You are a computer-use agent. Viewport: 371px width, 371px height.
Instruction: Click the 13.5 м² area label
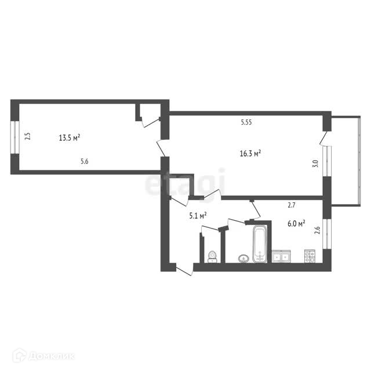tap(70, 137)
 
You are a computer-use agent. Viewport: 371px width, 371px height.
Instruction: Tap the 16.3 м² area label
tap(250, 154)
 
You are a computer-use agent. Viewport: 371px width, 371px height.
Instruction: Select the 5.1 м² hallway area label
tap(198, 216)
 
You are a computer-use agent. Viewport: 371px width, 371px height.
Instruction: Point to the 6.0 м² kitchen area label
tap(296, 223)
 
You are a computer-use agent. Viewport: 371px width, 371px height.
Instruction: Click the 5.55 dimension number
tap(246, 122)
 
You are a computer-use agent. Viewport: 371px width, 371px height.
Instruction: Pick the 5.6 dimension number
tap(85, 161)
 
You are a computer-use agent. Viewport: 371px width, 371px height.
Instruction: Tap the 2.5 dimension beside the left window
tap(28, 137)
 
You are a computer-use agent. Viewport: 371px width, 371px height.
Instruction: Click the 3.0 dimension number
tap(315, 163)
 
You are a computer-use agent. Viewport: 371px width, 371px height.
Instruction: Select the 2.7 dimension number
tap(292, 205)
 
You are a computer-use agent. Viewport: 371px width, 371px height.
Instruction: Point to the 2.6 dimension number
tap(318, 230)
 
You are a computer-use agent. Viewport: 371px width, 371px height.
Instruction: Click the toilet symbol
tap(212, 257)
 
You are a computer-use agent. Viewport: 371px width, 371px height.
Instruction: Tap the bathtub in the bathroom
tap(260, 244)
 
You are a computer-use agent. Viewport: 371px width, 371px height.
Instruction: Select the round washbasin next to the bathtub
tap(243, 259)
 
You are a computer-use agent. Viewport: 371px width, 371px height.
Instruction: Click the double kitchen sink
tap(281, 256)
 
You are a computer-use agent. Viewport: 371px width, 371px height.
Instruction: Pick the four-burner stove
tap(310, 256)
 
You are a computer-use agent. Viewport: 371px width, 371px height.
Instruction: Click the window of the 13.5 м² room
tap(14, 137)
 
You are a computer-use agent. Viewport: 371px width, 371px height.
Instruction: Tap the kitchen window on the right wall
tap(327, 234)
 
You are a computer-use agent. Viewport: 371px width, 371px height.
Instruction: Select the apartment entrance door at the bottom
tap(184, 271)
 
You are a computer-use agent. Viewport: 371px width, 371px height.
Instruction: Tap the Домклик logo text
tap(52, 356)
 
